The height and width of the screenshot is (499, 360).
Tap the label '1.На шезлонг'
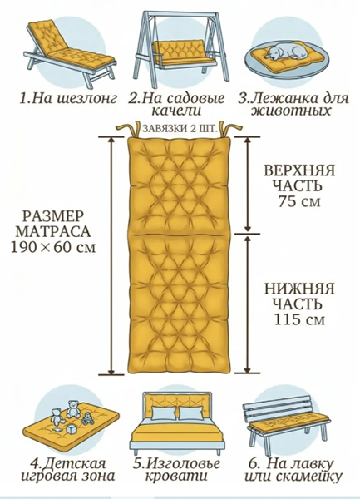tap(68, 99)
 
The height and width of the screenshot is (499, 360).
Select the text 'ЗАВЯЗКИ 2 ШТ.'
tap(180, 129)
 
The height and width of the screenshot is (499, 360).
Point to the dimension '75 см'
tap(299, 201)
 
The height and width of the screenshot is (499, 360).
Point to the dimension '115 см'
tap(299, 319)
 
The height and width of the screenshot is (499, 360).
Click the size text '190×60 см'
tap(53, 247)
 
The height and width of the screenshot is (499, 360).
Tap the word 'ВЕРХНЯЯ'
tap(299, 170)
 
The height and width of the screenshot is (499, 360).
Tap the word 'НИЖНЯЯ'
tap(299, 289)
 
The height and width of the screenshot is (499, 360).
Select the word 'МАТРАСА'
tap(53, 231)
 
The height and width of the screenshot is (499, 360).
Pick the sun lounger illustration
tap(69, 53)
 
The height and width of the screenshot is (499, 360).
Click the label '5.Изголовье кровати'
tap(176, 470)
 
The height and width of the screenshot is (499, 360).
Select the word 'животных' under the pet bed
tap(290, 111)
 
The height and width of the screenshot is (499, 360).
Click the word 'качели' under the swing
tap(177, 111)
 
